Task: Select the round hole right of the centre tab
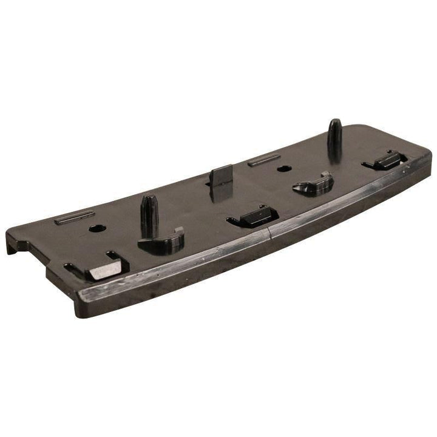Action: (281, 168)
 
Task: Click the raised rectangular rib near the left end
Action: (74, 217)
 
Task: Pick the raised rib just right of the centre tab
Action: (264, 160)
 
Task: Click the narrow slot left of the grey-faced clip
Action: (70, 268)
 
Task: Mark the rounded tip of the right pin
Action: (334, 123)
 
